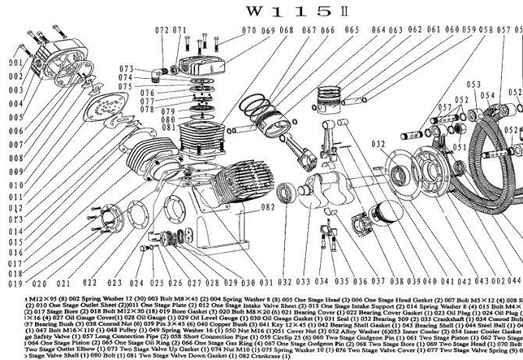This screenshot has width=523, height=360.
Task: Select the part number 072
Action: click(162, 30)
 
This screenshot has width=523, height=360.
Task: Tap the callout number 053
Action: click(473, 84)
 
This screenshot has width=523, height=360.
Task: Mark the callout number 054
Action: click(489, 95)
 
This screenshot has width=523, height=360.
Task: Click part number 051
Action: click(460, 145)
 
